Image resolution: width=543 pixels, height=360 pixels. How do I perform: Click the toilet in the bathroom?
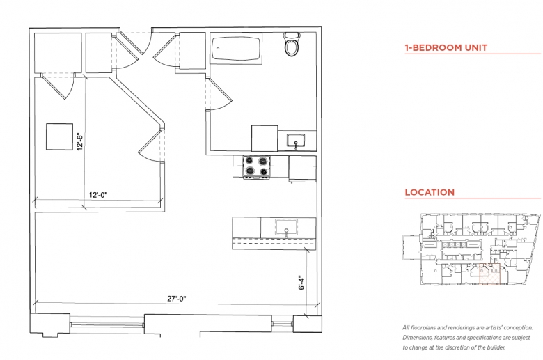tap(292, 45)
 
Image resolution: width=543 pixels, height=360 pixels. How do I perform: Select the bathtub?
tap(236, 49)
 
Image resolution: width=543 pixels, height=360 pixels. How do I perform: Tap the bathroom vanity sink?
tap(296, 141)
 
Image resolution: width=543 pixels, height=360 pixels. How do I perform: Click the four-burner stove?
tap(256, 166)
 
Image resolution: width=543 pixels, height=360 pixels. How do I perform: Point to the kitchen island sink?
tap(286, 227)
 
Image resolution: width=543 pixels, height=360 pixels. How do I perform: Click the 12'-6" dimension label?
tap(80, 141)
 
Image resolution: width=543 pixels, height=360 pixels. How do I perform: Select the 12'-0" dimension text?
tap(98, 195)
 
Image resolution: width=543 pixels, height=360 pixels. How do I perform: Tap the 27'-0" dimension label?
tap(177, 298)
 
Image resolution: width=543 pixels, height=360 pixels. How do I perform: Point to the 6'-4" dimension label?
tap(301, 283)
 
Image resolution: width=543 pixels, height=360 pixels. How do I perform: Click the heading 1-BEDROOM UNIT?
tap(446, 48)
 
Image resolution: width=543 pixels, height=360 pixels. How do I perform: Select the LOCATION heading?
tap(430, 192)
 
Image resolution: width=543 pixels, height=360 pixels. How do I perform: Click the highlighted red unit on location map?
tap(489, 274)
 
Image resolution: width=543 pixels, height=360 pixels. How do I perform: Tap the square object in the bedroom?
tap(60, 136)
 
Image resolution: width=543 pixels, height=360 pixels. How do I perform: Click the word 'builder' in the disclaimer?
tap(494, 347)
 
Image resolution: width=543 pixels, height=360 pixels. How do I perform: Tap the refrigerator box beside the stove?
tap(302, 169)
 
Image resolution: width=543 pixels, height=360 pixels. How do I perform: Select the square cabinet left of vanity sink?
tap(265, 139)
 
